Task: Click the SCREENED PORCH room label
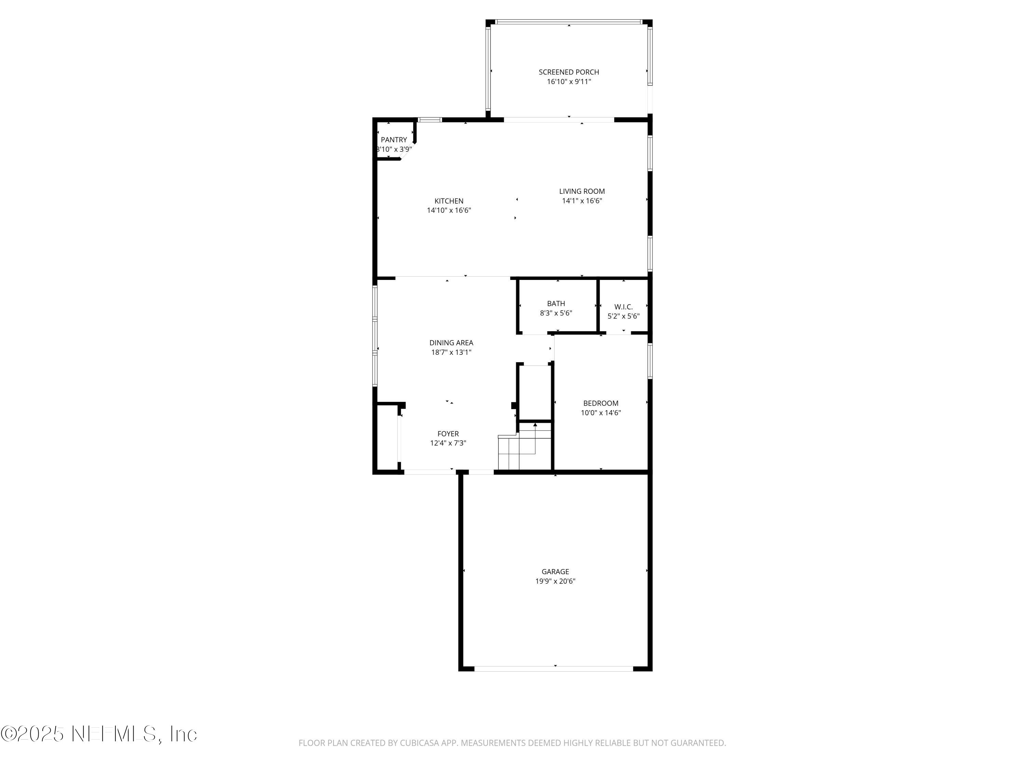569,72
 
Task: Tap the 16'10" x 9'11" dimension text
569,82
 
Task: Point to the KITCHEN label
449,201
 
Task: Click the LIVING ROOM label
582,191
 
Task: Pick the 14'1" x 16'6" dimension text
582,201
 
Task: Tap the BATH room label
556,303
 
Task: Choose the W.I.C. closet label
623,307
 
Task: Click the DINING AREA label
451,342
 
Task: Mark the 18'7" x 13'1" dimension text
451,352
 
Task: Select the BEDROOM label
601,403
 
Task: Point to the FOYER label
448,434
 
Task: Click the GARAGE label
555,571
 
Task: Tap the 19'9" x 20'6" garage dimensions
555,581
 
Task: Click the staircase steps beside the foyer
517,452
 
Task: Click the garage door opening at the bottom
554,669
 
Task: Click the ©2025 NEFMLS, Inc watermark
99,734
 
